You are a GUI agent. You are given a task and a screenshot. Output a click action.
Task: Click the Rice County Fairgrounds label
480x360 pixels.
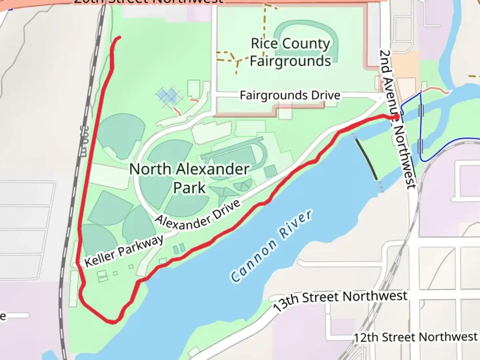(290, 52)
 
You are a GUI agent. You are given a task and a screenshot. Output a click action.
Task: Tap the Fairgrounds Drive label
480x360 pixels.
(290, 95)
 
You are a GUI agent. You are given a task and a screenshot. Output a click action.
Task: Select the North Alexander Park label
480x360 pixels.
(189, 178)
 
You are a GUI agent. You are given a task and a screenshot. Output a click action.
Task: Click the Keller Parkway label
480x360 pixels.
(124, 251)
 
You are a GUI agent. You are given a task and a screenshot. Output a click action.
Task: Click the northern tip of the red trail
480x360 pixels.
(119, 37)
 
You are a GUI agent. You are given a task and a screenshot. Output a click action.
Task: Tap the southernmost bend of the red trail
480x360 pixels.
(113, 322)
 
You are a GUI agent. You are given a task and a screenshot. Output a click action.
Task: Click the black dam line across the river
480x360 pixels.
(366, 159)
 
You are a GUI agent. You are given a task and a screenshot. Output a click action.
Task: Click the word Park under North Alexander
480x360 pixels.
(189, 188)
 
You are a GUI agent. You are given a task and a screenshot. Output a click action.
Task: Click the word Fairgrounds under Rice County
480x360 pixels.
(290, 61)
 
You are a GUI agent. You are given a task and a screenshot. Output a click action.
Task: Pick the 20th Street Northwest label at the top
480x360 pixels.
(148, 2)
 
